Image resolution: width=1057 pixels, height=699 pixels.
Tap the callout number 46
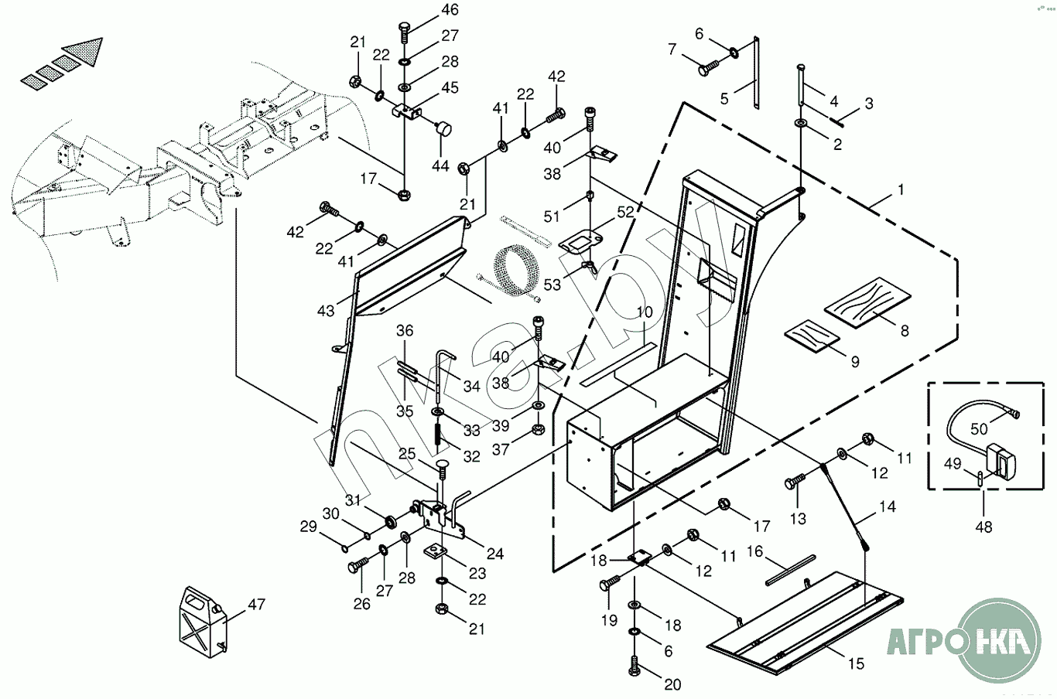click(450, 10)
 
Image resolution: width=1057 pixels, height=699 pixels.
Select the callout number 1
click(900, 189)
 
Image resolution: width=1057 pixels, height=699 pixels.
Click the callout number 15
click(856, 663)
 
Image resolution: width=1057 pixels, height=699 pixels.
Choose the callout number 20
click(672, 684)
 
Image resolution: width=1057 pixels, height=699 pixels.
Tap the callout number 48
click(983, 527)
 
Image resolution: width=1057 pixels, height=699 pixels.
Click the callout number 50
click(979, 428)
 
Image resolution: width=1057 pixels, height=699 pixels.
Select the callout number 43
click(326, 310)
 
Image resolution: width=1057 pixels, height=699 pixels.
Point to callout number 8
click(904, 330)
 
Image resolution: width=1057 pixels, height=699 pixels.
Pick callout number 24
click(494, 554)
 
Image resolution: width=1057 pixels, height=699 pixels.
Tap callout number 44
click(440, 165)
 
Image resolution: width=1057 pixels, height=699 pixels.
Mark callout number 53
click(552, 285)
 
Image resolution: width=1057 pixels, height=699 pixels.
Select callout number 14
click(887, 507)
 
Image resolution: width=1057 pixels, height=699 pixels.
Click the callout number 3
click(869, 103)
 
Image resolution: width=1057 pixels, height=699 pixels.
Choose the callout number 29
click(309, 527)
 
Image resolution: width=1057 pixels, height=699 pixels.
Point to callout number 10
click(645, 312)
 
